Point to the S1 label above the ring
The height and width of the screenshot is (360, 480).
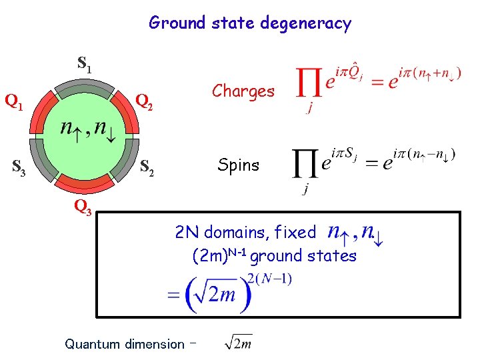click(85, 64)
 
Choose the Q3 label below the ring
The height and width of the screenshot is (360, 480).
click(83, 208)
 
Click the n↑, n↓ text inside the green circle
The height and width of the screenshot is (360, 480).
click(87, 129)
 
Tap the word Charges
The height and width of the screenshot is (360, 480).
click(243, 91)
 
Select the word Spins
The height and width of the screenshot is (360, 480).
click(238, 165)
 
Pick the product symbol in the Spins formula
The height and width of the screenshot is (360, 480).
click(305, 165)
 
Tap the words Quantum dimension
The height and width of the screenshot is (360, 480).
click(124, 345)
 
